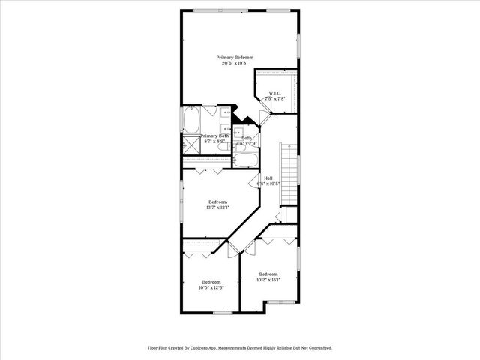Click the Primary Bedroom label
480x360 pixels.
point(235,58)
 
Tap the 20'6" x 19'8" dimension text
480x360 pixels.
point(235,64)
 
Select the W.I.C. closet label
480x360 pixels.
point(276,94)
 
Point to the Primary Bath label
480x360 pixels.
point(214,136)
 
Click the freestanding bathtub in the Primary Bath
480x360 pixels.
point(190,120)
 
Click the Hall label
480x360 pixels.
point(268,178)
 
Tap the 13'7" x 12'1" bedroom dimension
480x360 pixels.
point(217,208)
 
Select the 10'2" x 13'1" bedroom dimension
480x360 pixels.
point(268,280)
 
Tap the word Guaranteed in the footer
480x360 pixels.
point(319,348)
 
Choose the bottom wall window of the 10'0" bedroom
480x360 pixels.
point(222,312)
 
